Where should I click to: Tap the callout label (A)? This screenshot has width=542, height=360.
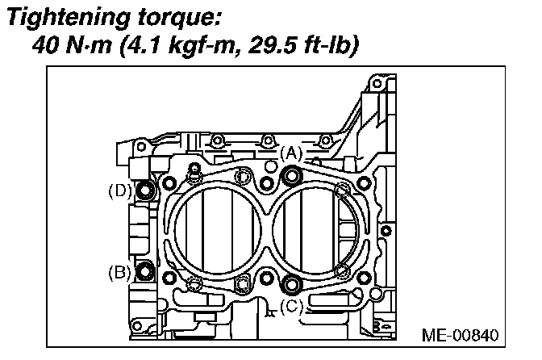[290, 153]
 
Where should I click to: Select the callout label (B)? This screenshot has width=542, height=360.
[119, 272]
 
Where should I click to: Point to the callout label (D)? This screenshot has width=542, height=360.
[119, 190]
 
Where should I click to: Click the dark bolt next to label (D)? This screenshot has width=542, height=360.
[146, 191]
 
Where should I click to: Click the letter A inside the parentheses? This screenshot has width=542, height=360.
[290, 153]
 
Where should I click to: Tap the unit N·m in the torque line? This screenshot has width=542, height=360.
[86, 44]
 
